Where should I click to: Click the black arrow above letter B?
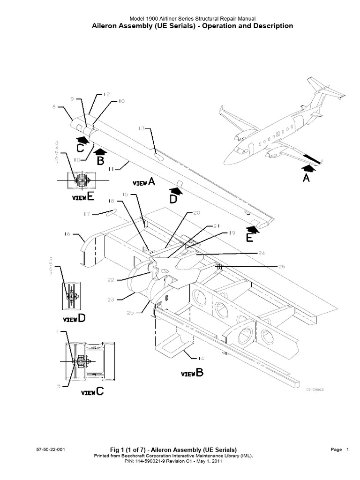click(x=100, y=151)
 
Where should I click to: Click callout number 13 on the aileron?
click(x=142, y=129)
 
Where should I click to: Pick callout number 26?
click(x=281, y=267)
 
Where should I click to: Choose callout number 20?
click(x=196, y=212)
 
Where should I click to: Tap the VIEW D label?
click(x=75, y=319)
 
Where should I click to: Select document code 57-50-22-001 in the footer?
click(x=50, y=450)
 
